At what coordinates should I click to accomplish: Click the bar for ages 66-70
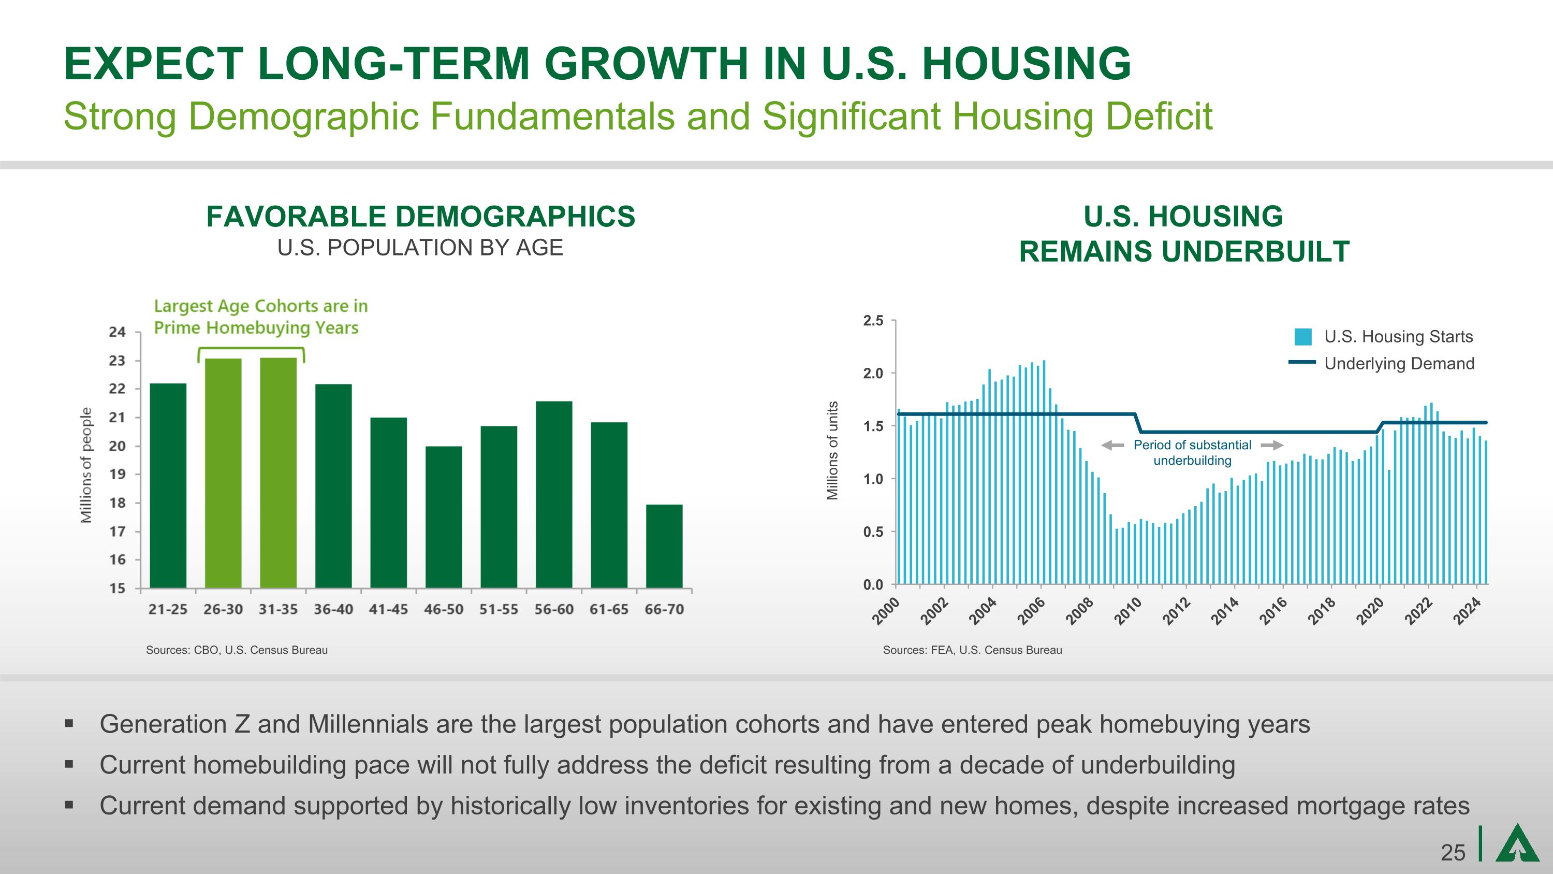point(664,546)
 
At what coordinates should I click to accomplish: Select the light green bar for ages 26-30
point(223,474)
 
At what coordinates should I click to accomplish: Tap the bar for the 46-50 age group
point(444,517)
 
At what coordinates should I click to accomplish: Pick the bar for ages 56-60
point(553,495)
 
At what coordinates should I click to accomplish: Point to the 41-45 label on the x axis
point(388,609)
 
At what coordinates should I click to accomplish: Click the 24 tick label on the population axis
point(118,332)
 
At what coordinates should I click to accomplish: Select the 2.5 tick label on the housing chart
point(873,321)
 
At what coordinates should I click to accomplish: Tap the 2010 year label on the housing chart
point(1127,611)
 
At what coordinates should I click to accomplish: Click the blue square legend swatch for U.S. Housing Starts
point(1303,337)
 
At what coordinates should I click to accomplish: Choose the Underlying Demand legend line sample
point(1301,363)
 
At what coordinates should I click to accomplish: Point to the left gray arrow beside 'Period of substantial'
point(1113,445)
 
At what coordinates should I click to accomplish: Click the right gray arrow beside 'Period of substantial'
point(1271,445)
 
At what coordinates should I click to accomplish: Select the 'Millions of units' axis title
point(832,451)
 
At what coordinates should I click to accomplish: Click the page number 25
point(1453,853)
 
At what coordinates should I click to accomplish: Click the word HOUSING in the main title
point(1026,64)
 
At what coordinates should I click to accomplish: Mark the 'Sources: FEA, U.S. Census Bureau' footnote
point(972,650)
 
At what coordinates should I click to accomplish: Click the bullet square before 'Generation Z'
point(69,723)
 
